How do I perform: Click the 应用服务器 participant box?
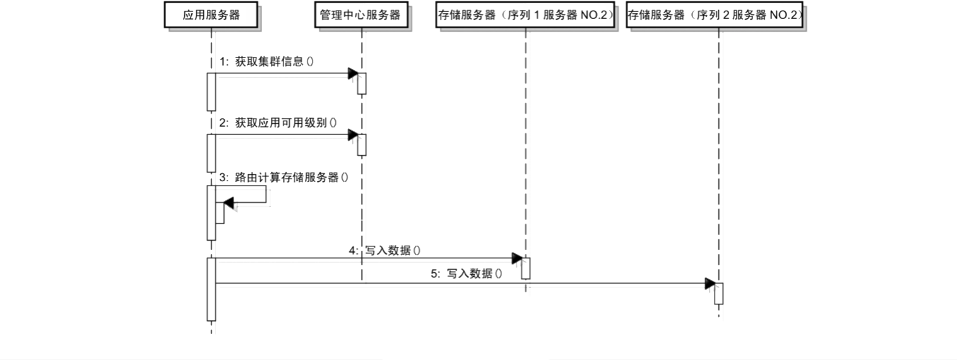click(211, 15)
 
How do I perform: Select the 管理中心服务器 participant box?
click(360, 15)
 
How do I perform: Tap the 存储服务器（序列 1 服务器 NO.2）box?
click(525, 15)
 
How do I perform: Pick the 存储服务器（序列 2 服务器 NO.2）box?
click(715, 15)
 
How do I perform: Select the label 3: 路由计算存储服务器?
click(283, 177)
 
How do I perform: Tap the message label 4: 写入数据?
click(385, 250)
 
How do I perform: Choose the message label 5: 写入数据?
click(467, 274)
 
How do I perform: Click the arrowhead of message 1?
click(353, 73)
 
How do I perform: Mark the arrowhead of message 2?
click(353, 135)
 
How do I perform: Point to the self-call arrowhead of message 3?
click(229, 203)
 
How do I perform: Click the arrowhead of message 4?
click(516, 258)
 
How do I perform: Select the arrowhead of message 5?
click(710, 284)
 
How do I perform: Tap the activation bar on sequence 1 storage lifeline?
click(525, 268)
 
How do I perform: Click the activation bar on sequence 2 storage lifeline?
click(718, 294)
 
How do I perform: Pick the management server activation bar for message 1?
click(362, 83)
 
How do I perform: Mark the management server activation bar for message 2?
click(362, 145)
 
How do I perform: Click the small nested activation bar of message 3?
click(220, 213)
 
